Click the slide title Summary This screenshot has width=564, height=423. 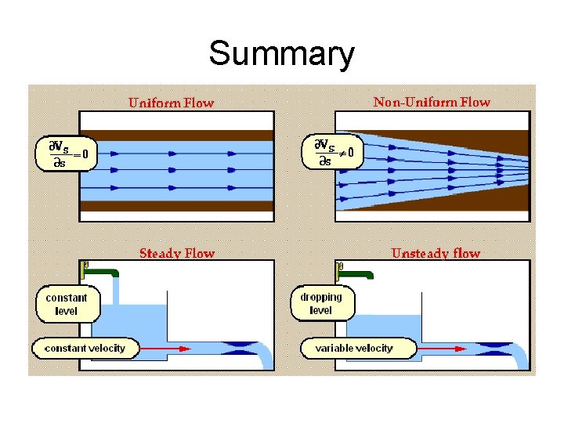[x=281, y=54]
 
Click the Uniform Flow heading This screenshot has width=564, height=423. [x=171, y=103]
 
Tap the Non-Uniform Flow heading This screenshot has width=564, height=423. [x=432, y=102]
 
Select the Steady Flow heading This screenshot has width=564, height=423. [x=176, y=253]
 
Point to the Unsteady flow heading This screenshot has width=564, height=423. [x=436, y=253]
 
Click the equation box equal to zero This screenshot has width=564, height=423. [x=66, y=154]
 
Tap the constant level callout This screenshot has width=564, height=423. [x=67, y=304]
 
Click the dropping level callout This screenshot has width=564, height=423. [x=320, y=304]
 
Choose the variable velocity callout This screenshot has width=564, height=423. [x=353, y=347]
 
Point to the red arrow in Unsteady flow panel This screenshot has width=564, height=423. [x=435, y=348]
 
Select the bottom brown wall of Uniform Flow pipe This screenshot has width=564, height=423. [x=176, y=206]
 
